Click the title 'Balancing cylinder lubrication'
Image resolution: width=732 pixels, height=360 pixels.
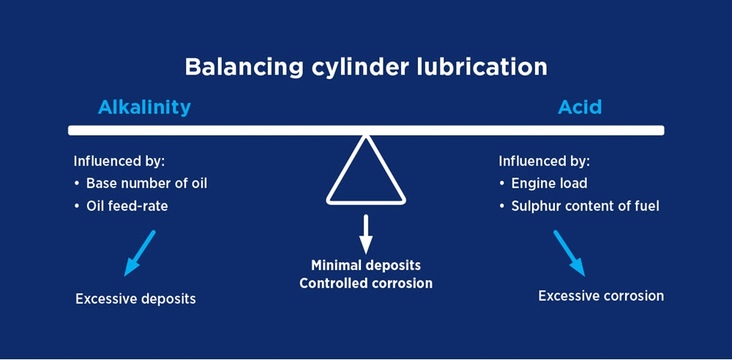[365, 67]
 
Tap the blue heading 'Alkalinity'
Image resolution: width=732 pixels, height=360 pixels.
[144, 107]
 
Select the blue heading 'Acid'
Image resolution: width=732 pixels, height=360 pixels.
[580, 107]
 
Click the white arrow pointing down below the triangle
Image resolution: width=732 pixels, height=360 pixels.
[366, 233]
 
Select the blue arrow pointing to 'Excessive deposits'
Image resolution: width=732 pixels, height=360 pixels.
[140, 253]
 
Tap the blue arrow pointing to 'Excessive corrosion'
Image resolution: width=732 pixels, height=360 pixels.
[569, 253]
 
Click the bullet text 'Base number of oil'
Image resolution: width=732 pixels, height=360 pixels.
[146, 183]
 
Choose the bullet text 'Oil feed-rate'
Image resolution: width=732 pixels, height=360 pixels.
[127, 206]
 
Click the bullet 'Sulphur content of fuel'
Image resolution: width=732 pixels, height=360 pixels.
[585, 206]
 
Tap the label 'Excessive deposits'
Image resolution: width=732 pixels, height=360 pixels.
[135, 299]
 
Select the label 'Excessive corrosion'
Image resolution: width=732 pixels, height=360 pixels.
[601, 296]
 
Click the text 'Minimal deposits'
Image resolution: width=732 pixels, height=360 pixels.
[365, 265]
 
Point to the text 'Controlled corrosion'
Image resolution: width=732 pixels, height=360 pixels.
[365, 282]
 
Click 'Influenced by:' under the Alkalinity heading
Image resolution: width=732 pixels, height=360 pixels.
[119, 161]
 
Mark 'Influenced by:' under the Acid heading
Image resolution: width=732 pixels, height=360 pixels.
[544, 161]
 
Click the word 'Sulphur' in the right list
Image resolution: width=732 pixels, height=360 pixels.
[535, 206]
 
